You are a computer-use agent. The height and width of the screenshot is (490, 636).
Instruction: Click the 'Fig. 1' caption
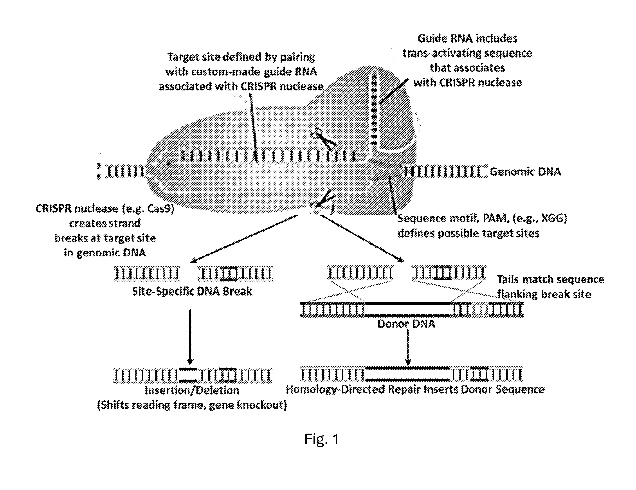coord(321,439)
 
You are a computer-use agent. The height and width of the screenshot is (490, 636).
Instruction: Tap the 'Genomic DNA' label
coord(525,172)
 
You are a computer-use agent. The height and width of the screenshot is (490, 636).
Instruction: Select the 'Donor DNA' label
coord(406,324)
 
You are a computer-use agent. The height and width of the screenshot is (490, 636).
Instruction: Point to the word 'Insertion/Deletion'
coord(192,390)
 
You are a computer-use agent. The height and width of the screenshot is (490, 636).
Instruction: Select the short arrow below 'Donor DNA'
coord(408,346)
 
